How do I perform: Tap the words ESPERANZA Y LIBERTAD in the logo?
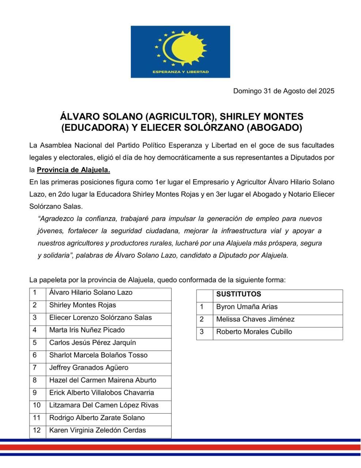point(180,72)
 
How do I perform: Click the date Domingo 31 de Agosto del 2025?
point(284,91)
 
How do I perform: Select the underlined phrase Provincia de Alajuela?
point(73,170)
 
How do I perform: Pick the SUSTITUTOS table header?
point(239,294)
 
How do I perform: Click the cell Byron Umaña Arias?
point(247,307)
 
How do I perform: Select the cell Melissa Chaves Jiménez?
point(255,319)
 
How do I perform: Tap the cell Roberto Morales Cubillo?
point(254,332)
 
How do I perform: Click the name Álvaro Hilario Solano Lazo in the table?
point(91,292)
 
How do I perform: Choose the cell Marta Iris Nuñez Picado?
point(87,330)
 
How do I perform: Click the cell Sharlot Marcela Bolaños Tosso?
point(98,355)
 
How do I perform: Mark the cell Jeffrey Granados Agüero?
point(89,367)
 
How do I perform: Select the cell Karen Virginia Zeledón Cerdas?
point(98,430)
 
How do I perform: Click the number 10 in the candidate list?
point(37,405)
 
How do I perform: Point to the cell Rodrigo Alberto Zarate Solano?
point(97,418)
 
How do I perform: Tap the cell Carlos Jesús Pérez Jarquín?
point(92,343)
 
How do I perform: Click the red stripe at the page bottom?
point(180,447)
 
